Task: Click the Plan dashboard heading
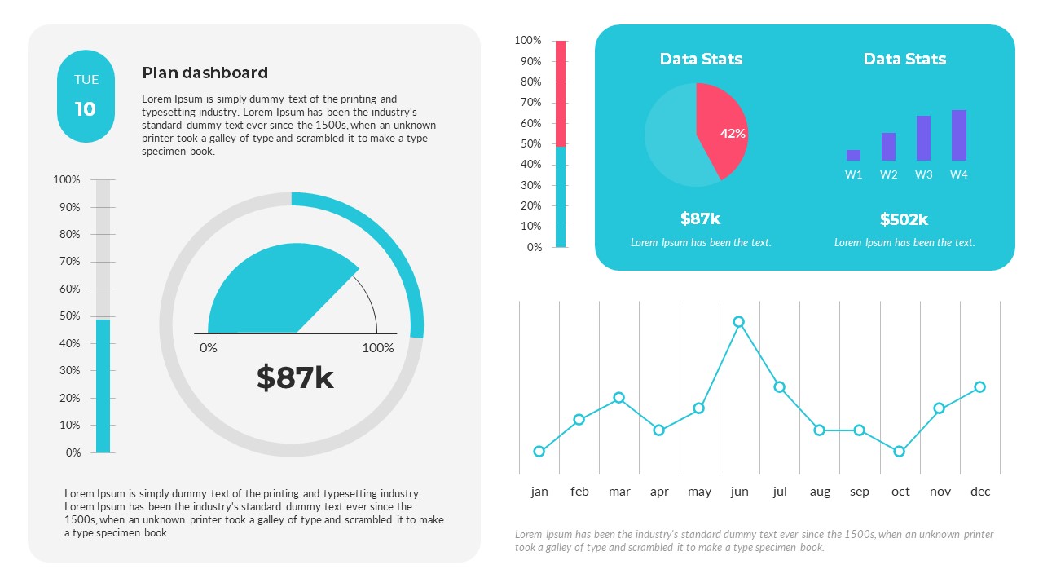(x=205, y=73)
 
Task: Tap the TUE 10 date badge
(x=86, y=95)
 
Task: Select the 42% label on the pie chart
(x=733, y=134)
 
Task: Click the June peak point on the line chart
(x=738, y=322)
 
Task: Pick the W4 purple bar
(x=959, y=135)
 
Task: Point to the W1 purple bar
(x=853, y=155)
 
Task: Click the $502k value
(x=904, y=219)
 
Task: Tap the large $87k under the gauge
(x=295, y=377)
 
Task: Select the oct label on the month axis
(x=900, y=492)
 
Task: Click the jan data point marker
(x=539, y=452)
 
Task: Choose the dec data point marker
(x=979, y=387)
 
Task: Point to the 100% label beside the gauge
(x=378, y=348)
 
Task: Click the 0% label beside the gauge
(x=209, y=348)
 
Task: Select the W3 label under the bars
(x=923, y=174)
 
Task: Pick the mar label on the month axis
(x=619, y=492)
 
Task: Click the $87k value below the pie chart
(x=700, y=218)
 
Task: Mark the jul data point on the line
(x=779, y=387)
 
